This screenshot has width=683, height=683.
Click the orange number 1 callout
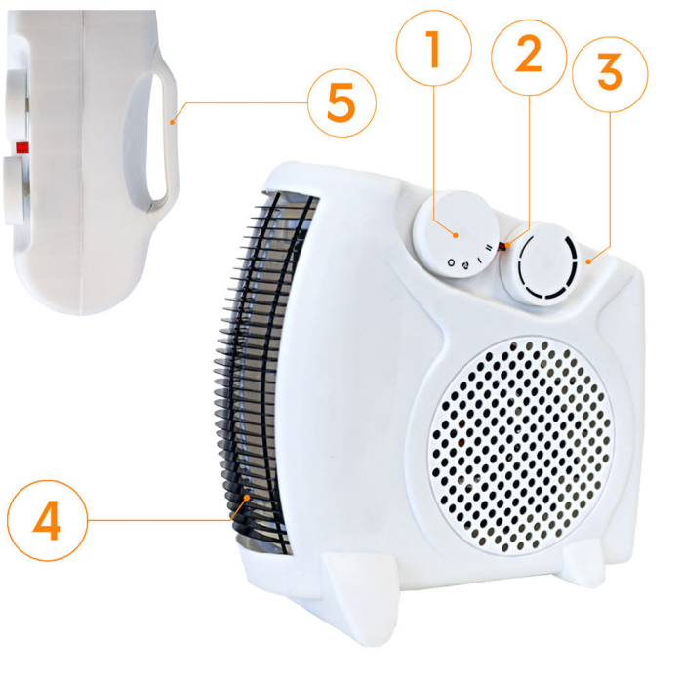434,48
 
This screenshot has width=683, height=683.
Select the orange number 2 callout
529,57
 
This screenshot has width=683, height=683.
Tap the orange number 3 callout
610,74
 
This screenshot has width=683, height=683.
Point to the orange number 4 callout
47,520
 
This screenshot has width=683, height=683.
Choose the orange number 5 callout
341,102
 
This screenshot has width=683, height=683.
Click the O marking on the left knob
451,262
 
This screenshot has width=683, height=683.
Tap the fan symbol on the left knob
465,264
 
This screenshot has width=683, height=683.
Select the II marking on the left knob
489,248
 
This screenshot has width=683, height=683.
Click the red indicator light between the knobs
503,247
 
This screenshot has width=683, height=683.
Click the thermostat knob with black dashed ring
542,264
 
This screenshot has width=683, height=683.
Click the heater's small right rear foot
583,565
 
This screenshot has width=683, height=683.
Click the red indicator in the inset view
21,147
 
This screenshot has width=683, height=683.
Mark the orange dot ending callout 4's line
248,497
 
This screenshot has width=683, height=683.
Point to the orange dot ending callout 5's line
173,123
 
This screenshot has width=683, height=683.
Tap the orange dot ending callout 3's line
588,261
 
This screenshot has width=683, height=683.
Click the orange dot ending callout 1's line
456,235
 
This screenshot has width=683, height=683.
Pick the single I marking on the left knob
480,260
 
